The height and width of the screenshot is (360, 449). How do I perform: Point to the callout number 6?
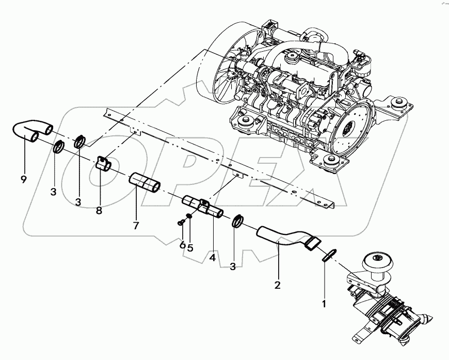[182, 245]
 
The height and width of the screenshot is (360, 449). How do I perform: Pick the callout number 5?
[190, 247]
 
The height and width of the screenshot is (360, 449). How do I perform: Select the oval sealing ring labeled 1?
[329, 255]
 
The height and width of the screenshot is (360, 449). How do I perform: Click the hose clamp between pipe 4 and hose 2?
[238, 221]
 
